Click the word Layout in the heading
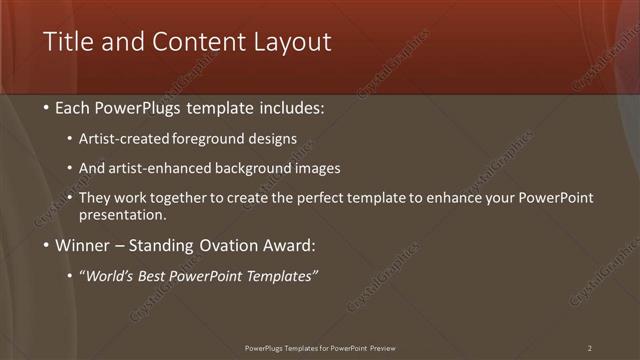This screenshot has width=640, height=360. pyautogui.click(x=292, y=42)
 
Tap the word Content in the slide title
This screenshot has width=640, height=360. pyautogui.click(x=196, y=42)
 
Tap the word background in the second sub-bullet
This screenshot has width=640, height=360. pyautogui.click(x=264, y=168)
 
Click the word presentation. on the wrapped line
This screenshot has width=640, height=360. pyautogui.click(x=121, y=215)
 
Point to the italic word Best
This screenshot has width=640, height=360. pyautogui.click(x=162, y=275)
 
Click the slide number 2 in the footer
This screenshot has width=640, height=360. pyautogui.click(x=590, y=348)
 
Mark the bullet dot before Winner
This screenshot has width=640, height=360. pyautogui.click(x=47, y=246)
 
